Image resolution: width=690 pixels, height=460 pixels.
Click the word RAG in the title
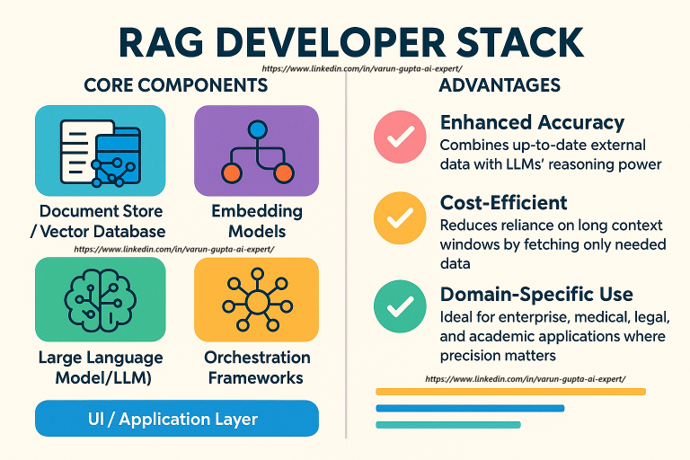[x=161, y=43]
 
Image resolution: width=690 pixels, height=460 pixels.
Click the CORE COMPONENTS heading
[x=175, y=85]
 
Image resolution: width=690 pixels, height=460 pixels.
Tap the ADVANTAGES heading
[x=500, y=85]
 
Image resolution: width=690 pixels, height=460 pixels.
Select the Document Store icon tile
[x=101, y=151]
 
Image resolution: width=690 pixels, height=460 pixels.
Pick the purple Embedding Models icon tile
[x=257, y=151]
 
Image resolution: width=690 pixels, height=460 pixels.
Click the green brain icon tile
[x=101, y=300]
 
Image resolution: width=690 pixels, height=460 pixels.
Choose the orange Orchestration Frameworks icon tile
[x=257, y=300]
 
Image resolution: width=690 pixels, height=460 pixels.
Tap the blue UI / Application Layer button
[x=177, y=419]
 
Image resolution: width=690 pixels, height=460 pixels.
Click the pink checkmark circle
[x=400, y=137]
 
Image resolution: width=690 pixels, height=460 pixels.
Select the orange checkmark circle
[x=400, y=218]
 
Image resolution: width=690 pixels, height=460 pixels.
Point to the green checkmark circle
[x=400, y=306]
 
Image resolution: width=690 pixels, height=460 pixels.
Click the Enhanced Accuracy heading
[x=532, y=123]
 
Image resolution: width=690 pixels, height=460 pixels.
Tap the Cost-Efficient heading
[x=503, y=203]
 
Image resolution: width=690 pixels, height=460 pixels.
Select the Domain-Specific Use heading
[x=536, y=295]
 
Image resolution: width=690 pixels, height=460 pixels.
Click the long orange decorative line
[x=510, y=392]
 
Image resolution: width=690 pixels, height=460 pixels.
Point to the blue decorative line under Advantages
[x=470, y=409]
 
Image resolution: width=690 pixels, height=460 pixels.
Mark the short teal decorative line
[x=448, y=425]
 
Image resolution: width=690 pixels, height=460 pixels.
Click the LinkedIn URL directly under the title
[x=362, y=68]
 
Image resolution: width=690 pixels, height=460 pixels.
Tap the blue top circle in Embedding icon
[x=258, y=129]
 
